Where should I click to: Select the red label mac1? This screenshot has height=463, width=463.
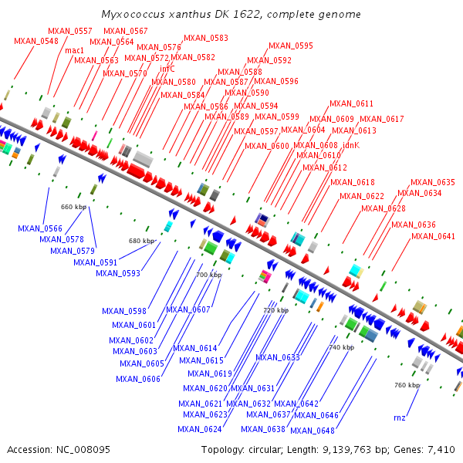pyautogui.click(x=75, y=50)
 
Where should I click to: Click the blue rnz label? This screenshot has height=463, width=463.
pyautogui.click(x=399, y=417)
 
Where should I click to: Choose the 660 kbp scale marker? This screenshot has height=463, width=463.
pyautogui.click(x=73, y=207)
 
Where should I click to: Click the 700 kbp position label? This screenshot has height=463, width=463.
pyautogui.click(x=208, y=275)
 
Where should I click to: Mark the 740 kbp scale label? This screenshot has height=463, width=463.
pyautogui.click(x=342, y=347)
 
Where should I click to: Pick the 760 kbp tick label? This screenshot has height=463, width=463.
pyautogui.click(x=407, y=384)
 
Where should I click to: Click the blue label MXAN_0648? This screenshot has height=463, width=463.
pyautogui.click(x=313, y=431)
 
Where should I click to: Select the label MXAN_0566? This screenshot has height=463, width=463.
pyautogui.click(x=40, y=228)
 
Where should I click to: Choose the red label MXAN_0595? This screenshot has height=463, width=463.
pyautogui.click(x=291, y=46)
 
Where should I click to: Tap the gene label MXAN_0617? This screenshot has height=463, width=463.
pyautogui.click(x=381, y=119)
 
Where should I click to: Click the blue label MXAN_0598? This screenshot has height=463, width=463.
pyautogui.click(x=123, y=311)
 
